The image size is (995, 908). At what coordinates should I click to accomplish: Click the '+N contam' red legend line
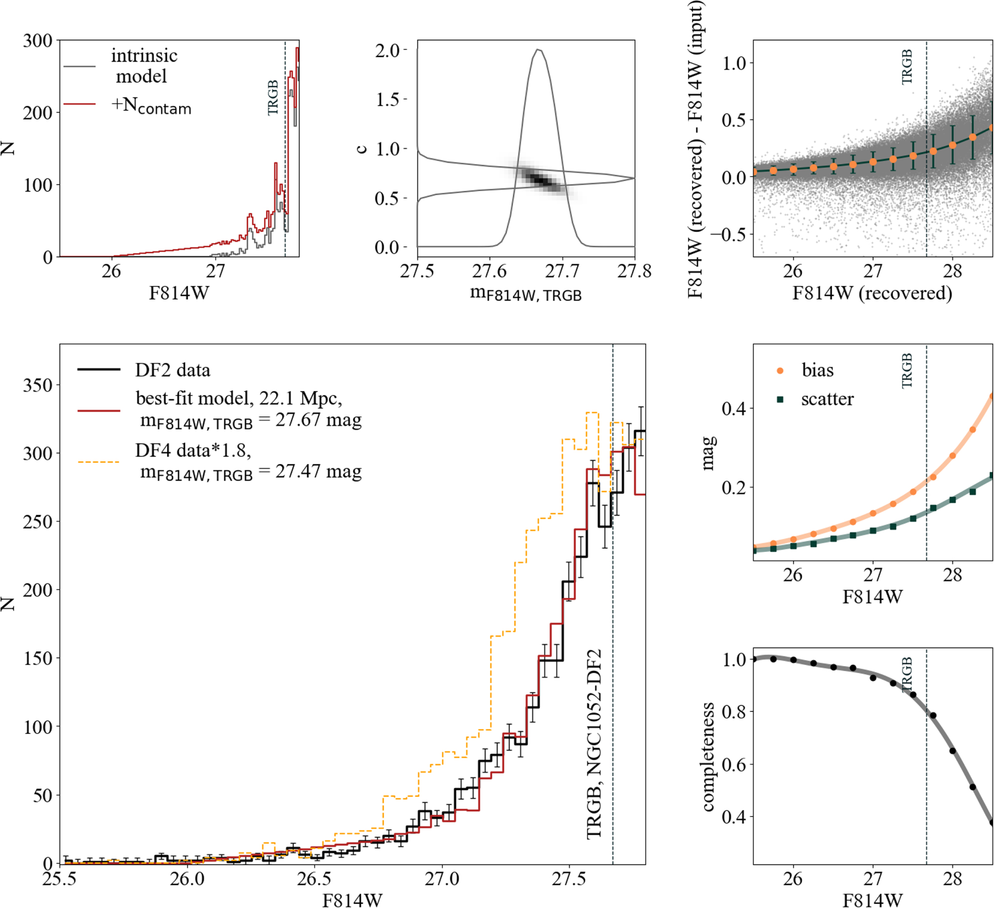[x=80, y=104]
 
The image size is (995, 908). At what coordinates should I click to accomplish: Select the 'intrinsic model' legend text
[x=144, y=66]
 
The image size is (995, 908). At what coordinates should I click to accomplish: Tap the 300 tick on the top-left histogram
[x=38, y=41]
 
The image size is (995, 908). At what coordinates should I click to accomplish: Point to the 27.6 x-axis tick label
[x=490, y=271]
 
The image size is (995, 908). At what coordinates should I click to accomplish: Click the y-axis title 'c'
[x=362, y=148]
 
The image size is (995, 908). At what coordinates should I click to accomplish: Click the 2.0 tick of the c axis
[x=387, y=50]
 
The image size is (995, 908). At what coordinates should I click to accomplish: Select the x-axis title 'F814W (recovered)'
[x=872, y=293]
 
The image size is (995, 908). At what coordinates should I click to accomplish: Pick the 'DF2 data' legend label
[x=173, y=370]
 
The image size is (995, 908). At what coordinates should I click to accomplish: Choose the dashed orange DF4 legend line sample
[x=99, y=462]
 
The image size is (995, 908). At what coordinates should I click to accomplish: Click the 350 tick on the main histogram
[x=38, y=385]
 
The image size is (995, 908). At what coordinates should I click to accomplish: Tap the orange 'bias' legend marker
[x=780, y=371]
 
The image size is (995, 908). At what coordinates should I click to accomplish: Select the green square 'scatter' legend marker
[x=780, y=399]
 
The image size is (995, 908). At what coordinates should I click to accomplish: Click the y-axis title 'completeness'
[x=708, y=756]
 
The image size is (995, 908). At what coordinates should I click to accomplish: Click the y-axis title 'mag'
[x=708, y=453]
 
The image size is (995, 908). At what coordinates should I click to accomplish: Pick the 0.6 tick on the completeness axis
[x=733, y=764]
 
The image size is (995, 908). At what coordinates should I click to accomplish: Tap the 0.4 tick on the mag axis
[x=733, y=408]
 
